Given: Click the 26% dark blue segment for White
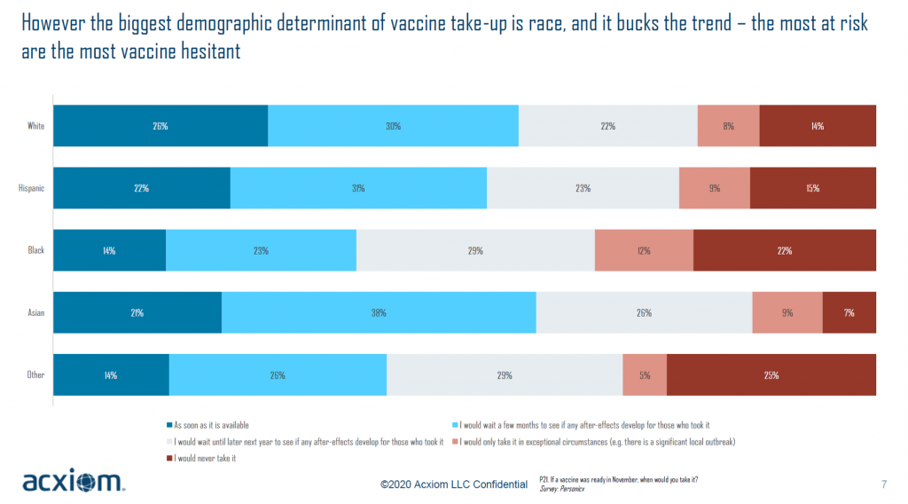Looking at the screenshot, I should tap(160, 126).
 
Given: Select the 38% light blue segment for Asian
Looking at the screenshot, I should tap(379, 312).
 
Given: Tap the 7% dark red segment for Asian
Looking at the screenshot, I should tap(849, 312).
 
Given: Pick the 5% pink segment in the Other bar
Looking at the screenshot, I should tap(645, 374).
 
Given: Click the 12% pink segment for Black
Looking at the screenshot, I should tap(644, 250).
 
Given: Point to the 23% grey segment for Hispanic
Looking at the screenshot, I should tap(583, 188).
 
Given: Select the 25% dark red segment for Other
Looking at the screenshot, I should tap(771, 374).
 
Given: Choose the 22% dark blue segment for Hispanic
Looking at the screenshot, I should tap(142, 188).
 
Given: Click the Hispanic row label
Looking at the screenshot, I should tap(32, 188).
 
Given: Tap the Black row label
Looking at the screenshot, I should tap(35, 250).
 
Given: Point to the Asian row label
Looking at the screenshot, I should tap(35, 312).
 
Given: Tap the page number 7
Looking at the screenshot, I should tap(884, 484).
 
